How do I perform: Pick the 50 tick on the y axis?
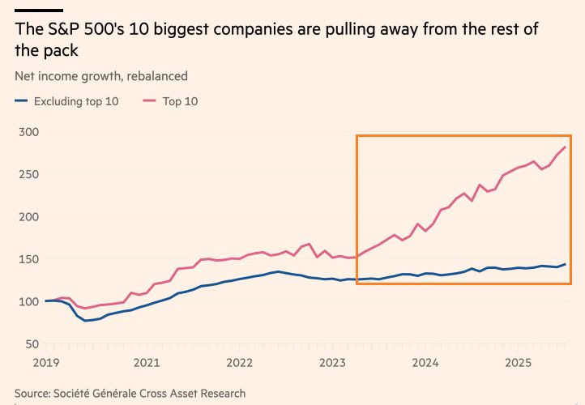[x=32, y=344]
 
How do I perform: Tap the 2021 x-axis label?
[x=146, y=364]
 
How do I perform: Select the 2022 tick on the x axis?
[x=240, y=364]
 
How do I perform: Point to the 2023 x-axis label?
[x=334, y=364]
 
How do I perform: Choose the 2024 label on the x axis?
[x=426, y=364]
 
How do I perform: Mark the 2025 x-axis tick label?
[x=519, y=364]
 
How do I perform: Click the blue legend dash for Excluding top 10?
[x=21, y=101]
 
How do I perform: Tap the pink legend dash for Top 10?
[x=149, y=101]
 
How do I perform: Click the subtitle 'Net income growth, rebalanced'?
[x=101, y=76]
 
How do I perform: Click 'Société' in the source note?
[x=76, y=394]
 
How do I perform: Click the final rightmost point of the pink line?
[x=565, y=147]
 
